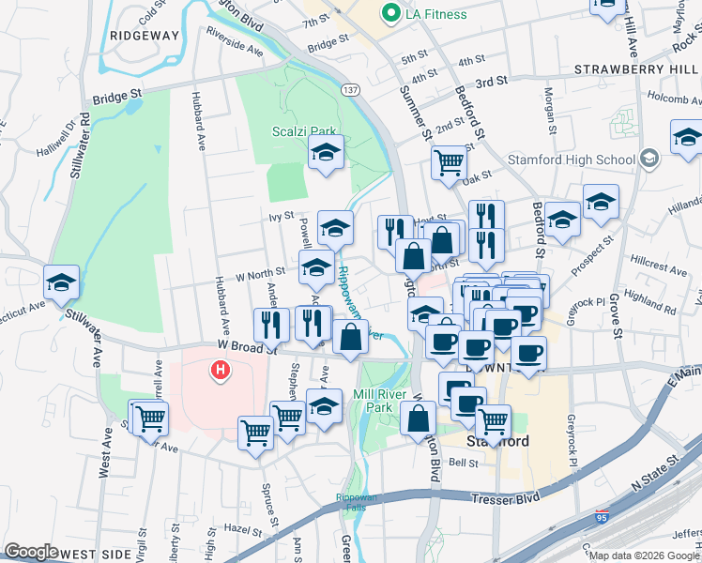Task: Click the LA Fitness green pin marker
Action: [x=387, y=13]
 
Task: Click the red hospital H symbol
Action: [x=221, y=371]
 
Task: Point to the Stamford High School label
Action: [x=571, y=160]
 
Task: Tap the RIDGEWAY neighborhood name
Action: [x=144, y=35]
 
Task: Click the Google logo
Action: [x=30, y=551]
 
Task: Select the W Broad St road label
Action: [x=246, y=346]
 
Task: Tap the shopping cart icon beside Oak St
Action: [x=449, y=161]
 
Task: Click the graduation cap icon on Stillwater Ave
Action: [x=61, y=281]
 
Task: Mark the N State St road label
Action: [x=658, y=479]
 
